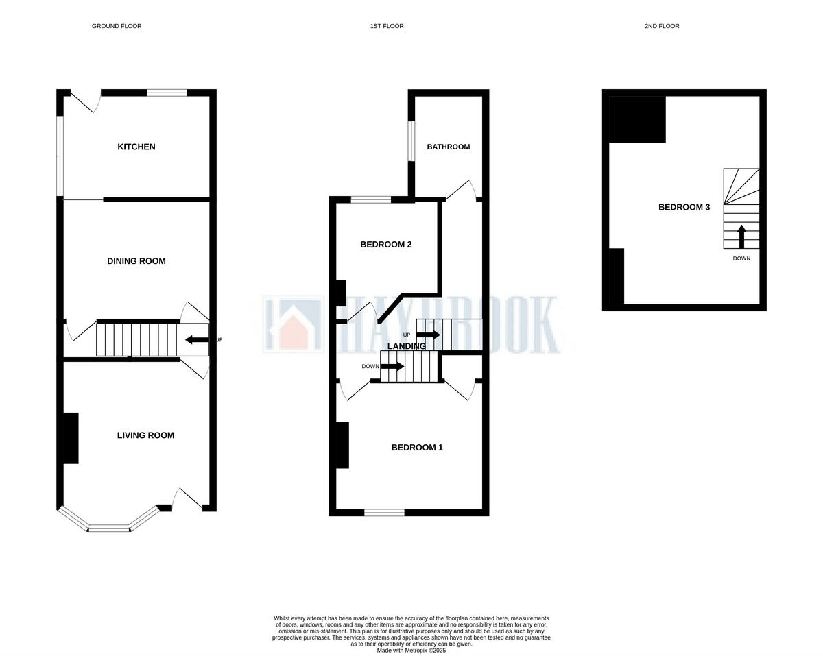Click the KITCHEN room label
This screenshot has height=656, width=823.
coord(136,147)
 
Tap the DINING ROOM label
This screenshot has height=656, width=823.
coord(136,261)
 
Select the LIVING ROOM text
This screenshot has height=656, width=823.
coord(145,435)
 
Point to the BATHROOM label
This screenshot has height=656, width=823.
coord(449,147)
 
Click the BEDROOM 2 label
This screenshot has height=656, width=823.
coord(386,245)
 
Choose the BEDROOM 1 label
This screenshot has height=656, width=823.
coord(417,448)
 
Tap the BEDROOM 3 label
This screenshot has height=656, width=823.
coord(684,207)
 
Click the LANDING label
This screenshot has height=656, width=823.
coord(407,346)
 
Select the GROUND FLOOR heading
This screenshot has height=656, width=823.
coord(117,26)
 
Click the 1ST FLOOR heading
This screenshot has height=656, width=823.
coord(387,26)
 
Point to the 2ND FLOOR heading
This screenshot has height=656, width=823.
coord(662,26)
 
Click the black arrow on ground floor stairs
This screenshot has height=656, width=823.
coord(198,339)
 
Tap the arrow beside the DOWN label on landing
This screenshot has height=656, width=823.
coord(392,367)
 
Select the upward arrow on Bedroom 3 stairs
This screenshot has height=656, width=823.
coord(741,236)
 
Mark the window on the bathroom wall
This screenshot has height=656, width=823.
coord(411,141)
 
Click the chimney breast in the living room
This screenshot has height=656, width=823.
coord(71,438)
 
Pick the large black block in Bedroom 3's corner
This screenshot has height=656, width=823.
coord(637,119)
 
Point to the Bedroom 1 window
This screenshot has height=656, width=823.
coord(384,511)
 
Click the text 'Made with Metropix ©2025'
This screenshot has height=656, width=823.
coord(411,651)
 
